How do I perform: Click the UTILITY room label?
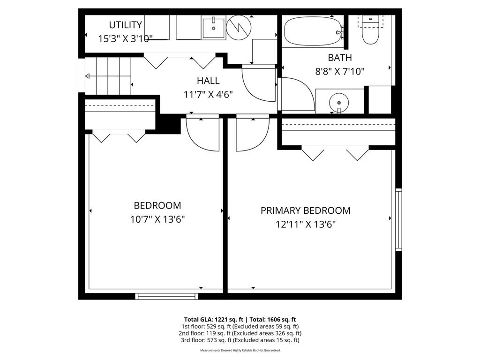[125, 25]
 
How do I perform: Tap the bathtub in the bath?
[313, 32]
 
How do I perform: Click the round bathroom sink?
[339, 101]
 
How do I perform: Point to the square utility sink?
[214, 28]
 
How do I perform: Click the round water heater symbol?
[239, 28]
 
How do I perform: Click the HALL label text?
[208, 81]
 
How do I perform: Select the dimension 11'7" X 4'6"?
[208, 94]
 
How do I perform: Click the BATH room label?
[339, 58]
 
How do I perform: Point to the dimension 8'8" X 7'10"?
[339, 71]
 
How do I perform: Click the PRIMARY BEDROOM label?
[305, 210]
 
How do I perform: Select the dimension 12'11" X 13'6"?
[305, 224]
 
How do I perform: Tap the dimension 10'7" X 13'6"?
[157, 219]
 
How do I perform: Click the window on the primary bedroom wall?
[398, 219]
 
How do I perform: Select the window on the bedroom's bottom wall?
[166, 296]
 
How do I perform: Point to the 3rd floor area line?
[240, 340]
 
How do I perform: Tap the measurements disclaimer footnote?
[240, 350]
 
